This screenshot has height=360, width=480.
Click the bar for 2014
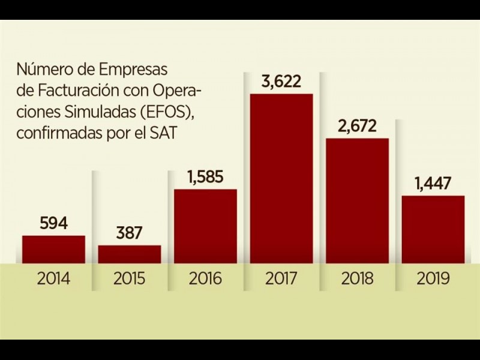53,249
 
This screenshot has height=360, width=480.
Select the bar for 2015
130,254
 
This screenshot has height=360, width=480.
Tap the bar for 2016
205,226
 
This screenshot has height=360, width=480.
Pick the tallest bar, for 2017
281,178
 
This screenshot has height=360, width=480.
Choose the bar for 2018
357,200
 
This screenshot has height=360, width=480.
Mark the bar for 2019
433,229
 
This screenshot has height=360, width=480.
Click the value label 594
53,223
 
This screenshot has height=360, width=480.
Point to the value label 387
130,233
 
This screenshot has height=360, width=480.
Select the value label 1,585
205,177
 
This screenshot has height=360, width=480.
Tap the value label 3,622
281,82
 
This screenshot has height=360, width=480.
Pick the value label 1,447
433,184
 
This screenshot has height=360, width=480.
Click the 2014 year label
53,279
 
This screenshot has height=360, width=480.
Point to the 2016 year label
205,279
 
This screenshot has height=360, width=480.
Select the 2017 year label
281,279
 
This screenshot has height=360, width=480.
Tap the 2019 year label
433,279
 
